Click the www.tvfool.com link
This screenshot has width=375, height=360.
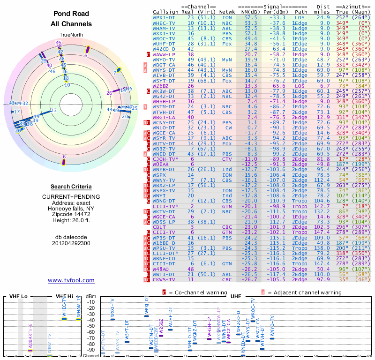[x=71, y=280]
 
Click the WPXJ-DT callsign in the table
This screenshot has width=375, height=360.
[x=164, y=17]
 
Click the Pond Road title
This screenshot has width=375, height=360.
[x=71, y=14]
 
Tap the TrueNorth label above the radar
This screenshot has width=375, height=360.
[x=71, y=35]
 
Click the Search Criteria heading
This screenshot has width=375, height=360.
[x=71, y=187]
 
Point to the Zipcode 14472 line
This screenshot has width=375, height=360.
[x=71, y=214]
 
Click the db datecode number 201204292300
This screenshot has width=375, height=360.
[x=71, y=243]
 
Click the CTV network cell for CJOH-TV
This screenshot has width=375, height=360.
[x=227, y=158]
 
